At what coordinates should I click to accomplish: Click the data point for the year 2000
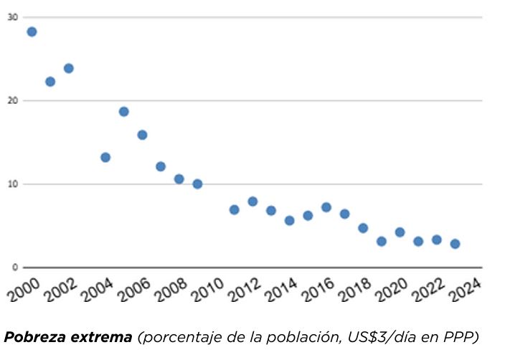(32, 32)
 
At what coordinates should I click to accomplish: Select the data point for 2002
(69, 68)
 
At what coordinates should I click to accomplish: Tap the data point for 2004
(105, 157)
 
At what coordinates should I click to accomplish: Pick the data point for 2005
(124, 111)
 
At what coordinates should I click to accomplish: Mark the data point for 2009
(197, 184)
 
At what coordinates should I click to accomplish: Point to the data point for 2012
(252, 202)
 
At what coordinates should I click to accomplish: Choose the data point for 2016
(326, 207)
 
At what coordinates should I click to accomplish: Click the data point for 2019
(382, 242)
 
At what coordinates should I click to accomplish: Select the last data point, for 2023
(455, 244)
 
